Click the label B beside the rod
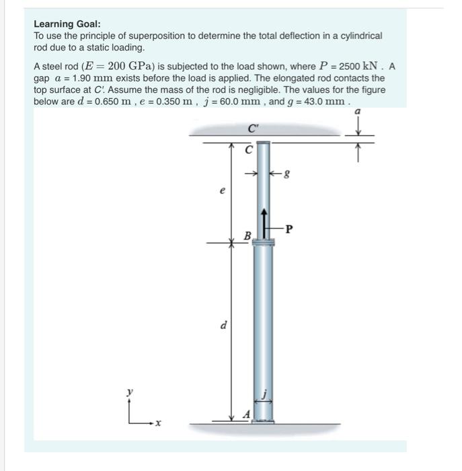click(x=247, y=236)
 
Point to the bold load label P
click(x=288, y=228)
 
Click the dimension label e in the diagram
click(x=222, y=190)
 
